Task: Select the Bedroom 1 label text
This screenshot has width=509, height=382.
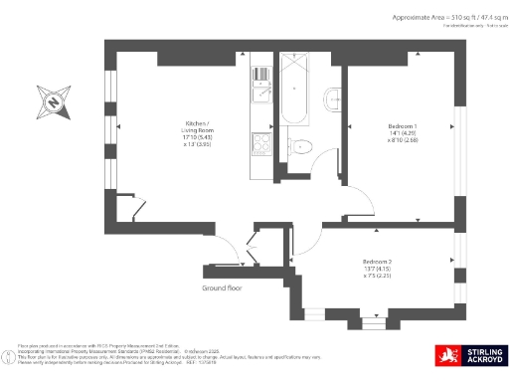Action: point(402,127)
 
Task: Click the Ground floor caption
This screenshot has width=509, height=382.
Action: point(223,288)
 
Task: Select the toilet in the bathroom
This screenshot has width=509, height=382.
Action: point(304,148)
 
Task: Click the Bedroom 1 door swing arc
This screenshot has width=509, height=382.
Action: point(358,204)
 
